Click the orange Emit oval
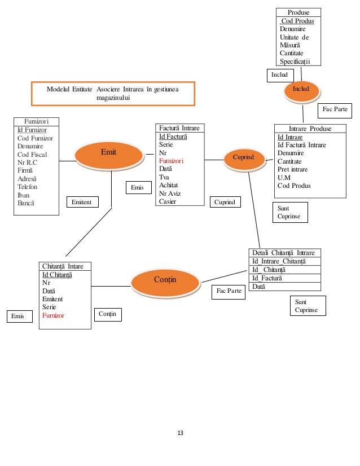click(108, 152)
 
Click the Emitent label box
click(82, 201)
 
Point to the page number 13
click(181, 433)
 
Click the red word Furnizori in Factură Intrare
click(171, 161)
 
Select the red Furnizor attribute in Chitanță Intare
click(53, 315)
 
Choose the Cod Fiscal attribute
click(32, 155)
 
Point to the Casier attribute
click(168, 201)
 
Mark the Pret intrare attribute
click(295, 169)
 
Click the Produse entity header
click(298, 12)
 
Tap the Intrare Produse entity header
click(310, 129)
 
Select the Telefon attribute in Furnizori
click(28, 186)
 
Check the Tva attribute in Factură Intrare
click(164, 177)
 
